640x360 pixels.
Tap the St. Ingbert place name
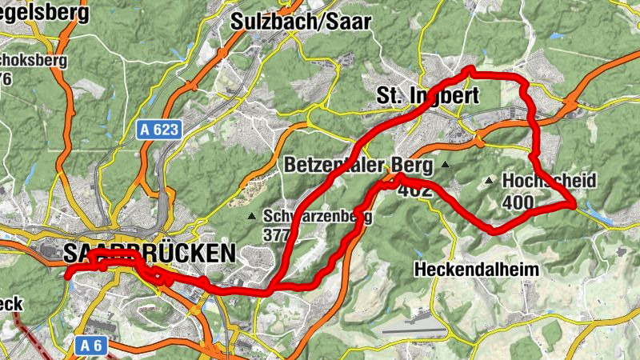[x=427, y=97]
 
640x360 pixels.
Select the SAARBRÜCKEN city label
[x=149, y=254]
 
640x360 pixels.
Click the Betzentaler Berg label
[x=358, y=166]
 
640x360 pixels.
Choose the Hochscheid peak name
[x=549, y=182]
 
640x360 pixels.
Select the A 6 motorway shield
[x=94, y=346]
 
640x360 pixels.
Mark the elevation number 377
[x=276, y=234]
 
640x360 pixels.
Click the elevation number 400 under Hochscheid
[x=518, y=202]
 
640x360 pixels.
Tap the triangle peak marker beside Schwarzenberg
[x=252, y=216]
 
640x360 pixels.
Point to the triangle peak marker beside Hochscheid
[x=489, y=181]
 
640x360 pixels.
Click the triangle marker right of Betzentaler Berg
[x=445, y=166]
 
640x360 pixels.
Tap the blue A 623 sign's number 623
[x=165, y=128]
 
